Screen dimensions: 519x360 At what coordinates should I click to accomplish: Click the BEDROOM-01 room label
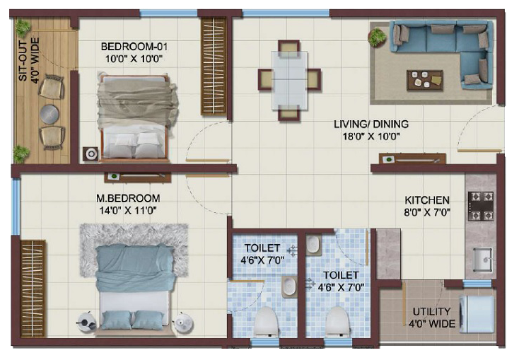pos(134,46)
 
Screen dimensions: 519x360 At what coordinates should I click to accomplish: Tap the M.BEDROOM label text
pos(128,198)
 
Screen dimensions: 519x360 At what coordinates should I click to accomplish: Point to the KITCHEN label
pos(427,200)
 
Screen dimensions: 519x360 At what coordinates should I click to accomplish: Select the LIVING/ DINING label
pos(371,124)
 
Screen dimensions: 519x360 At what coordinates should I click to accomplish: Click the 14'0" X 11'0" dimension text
pos(128,211)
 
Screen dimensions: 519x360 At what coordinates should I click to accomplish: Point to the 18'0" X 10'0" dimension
pos(371,137)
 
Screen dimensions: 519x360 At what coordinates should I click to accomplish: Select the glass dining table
pos(289,80)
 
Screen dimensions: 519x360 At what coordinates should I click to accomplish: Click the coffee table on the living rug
pos(425,81)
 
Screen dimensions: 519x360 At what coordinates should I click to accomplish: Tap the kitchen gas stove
pos(481,206)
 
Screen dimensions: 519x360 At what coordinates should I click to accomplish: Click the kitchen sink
pos(483,260)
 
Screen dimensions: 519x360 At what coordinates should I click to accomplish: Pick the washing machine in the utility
pos(477,313)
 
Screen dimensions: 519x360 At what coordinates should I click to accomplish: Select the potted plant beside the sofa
pos(378,37)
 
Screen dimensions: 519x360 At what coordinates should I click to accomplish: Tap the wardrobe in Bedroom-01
pos(214,66)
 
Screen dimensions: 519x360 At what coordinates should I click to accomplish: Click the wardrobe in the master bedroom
pos(33,288)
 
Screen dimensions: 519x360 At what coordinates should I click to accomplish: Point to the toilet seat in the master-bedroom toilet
pos(267,321)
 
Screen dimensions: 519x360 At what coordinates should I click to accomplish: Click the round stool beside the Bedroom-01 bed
pos(91,154)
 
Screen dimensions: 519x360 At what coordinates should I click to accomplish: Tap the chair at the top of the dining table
pos(289,47)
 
